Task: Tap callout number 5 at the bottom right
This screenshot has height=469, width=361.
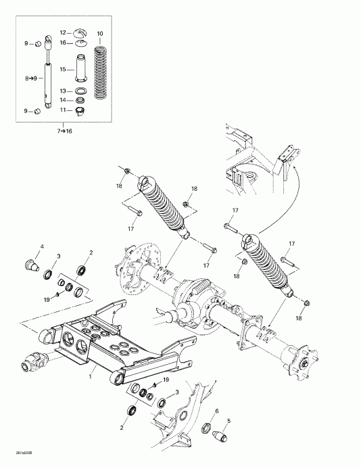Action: pos(228,421)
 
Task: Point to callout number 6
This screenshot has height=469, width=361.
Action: pos(216,411)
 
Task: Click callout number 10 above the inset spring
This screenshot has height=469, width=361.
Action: pos(100,34)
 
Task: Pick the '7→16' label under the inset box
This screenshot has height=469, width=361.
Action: pos(64,130)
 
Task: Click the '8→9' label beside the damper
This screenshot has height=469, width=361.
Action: pos(31,79)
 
